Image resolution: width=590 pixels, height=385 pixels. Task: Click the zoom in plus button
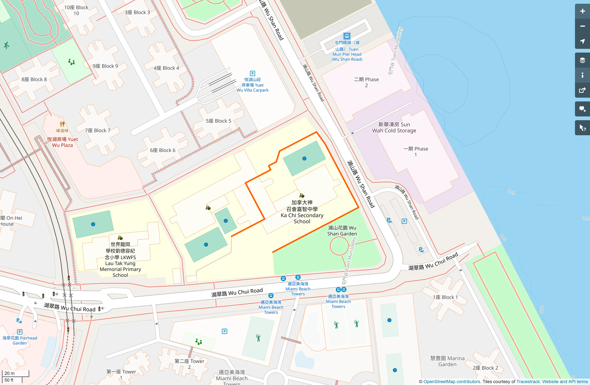click(582, 11)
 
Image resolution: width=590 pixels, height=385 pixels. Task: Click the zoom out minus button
click(582, 26)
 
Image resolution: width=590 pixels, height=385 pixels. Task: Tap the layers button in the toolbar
click(582, 60)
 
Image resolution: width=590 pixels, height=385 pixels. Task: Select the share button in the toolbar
click(582, 90)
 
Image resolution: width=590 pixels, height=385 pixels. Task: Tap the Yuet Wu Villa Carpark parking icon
click(252, 74)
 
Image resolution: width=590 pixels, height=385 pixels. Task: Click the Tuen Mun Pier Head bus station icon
click(347, 36)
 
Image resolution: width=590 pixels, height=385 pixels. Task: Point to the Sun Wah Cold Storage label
click(394, 127)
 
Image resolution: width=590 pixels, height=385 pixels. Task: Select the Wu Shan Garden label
click(342, 231)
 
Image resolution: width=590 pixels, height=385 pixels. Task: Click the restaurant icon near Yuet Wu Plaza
click(62, 124)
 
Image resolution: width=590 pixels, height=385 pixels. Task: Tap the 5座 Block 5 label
click(218, 121)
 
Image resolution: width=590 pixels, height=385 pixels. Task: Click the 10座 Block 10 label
click(76, 10)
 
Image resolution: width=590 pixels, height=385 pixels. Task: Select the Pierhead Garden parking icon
click(20, 332)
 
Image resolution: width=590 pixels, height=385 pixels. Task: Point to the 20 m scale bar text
click(9, 373)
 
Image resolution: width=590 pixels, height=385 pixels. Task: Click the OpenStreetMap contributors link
click(452, 382)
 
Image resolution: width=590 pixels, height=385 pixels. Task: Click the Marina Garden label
click(447, 361)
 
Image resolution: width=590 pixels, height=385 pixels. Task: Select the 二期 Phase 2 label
click(366, 82)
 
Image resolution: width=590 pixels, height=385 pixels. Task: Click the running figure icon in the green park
click(6, 45)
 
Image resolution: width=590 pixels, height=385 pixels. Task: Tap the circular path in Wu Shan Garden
click(339, 246)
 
